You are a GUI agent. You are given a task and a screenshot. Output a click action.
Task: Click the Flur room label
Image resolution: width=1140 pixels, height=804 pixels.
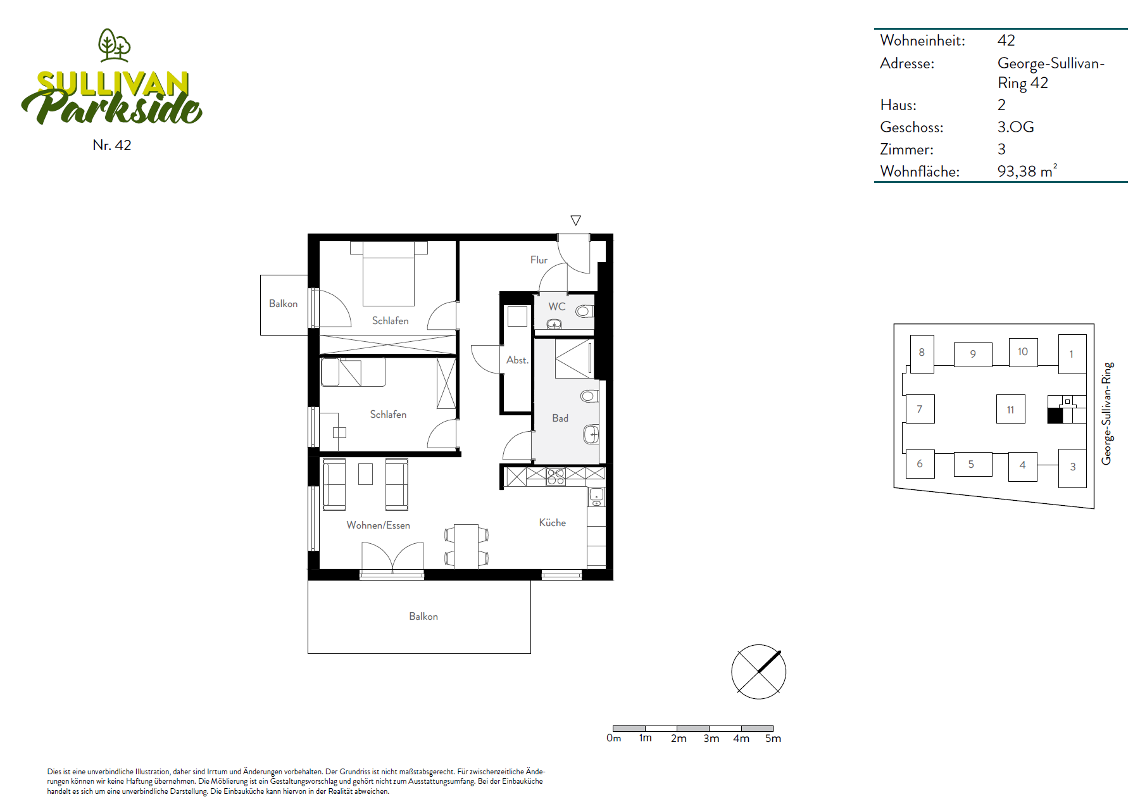pyautogui.click(x=539, y=260)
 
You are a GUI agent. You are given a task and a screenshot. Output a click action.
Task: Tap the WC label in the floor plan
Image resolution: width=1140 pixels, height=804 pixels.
pyautogui.click(x=557, y=306)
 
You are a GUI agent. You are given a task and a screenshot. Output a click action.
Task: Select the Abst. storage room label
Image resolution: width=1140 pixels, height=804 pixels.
pyautogui.click(x=517, y=360)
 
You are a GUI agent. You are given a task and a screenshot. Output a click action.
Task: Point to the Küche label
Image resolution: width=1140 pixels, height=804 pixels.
pyautogui.click(x=553, y=522)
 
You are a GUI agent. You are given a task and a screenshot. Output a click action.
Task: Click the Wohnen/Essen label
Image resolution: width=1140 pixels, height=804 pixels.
pyautogui.click(x=379, y=525)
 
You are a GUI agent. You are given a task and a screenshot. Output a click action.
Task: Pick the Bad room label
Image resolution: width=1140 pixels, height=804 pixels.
pyautogui.click(x=560, y=418)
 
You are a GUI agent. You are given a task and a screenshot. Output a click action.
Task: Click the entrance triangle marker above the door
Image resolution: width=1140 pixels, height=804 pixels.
pyautogui.click(x=575, y=220)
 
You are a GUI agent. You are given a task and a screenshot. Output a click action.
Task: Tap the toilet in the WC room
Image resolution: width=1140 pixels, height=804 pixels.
pyautogui.click(x=585, y=311)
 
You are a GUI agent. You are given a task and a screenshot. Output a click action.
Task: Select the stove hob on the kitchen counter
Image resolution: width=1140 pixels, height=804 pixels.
pyautogui.click(x=556, y=477)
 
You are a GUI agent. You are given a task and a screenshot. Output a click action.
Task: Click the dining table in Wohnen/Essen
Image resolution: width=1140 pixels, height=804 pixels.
pyautogui.click(x=467, y=546)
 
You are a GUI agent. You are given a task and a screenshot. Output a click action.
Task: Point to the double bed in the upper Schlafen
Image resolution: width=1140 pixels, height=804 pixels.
pyautogui.click(x=389, y=273)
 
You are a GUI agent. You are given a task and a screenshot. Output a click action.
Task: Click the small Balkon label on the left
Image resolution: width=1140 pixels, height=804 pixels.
pyautogui.click(x=283, y=304)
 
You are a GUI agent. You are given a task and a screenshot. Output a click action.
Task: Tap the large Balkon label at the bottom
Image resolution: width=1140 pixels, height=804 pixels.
pyautogui.click(x=423, y=616)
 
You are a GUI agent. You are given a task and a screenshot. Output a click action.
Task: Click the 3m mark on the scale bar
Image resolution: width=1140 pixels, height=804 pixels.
pyautogui.click(x=711, y=738)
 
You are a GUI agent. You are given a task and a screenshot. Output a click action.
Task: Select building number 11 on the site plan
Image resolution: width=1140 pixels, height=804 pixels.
pyautogui.click(x=1010, y=410)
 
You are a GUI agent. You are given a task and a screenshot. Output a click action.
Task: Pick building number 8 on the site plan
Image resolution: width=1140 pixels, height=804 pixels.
pyautogui.click(x=922, y=353)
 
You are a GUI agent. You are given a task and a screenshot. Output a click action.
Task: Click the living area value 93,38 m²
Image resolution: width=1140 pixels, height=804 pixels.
pyautogui.click(x=1027, y=171)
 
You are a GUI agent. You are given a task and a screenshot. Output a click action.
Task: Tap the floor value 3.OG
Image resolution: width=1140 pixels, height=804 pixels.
pyautogui.click(x=1015, y=127)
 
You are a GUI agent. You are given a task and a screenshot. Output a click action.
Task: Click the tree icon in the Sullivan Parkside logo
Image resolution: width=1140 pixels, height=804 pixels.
pyautogui.click(x=114, y=45)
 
